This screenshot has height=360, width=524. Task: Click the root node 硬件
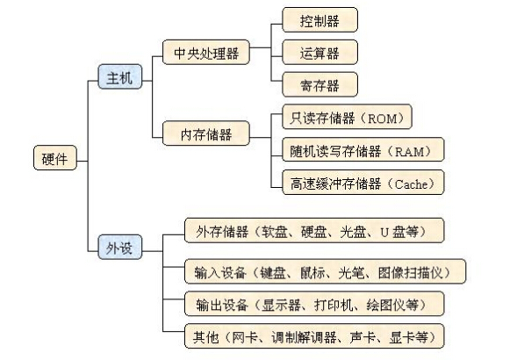point(54,159)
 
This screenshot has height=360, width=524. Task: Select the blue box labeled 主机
point(118,79)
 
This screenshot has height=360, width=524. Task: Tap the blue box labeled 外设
point(118,248)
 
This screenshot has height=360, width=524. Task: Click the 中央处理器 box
point(205,54)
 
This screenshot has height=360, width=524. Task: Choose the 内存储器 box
point(205,133)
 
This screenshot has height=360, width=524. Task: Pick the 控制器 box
point(319,18)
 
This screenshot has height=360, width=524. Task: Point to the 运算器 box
point(319,53)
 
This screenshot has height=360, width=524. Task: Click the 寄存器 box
point(319,85)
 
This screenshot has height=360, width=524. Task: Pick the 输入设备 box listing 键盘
point(323,271)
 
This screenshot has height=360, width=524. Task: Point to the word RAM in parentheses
point(412,150)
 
